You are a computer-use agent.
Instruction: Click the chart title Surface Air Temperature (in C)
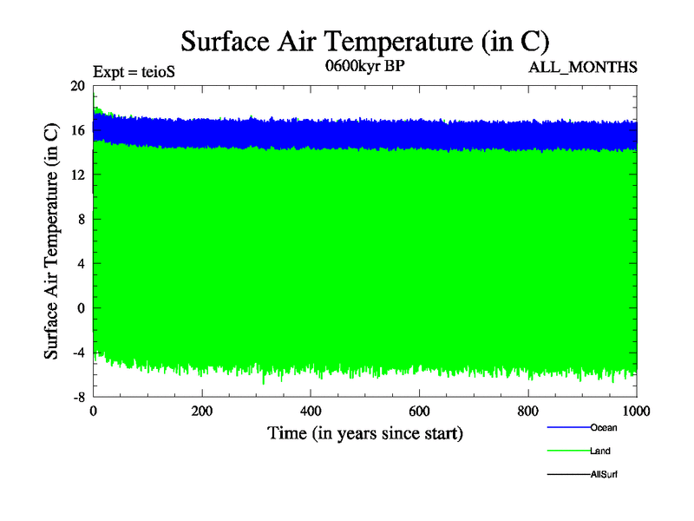[x=365, y=41]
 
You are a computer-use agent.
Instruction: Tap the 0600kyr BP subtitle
[x=365, y=68]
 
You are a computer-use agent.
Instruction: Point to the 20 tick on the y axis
[x=78, y=86]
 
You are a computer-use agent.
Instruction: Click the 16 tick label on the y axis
[x=78, y=130]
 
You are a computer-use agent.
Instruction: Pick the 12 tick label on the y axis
[x=78, y=175]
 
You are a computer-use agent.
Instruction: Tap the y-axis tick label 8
[x=82, y=219]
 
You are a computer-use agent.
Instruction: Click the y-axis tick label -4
[x=78, y=353]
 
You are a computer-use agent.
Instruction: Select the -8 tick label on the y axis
[x=78, y=397]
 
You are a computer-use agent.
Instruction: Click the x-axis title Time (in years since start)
[x=365, y=432]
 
